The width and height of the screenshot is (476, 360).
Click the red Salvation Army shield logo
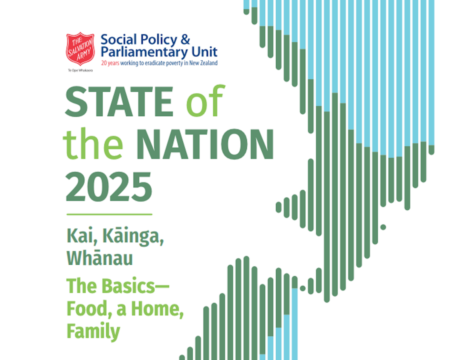tap(80, 48)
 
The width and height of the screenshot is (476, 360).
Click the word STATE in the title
tap(119, 102)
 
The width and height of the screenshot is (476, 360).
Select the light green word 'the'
tap(93, 144)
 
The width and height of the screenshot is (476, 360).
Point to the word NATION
tap(205, 144)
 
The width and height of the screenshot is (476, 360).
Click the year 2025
tap(109, 187)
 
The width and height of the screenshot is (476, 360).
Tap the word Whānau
tap(100, 258)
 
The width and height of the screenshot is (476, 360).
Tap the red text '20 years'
tap(110, 63)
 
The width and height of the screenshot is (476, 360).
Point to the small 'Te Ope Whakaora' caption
tap(80, 71)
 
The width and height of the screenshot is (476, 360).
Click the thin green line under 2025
tap(109, 214)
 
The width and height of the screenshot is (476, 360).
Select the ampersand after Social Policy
tap(185, 39)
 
